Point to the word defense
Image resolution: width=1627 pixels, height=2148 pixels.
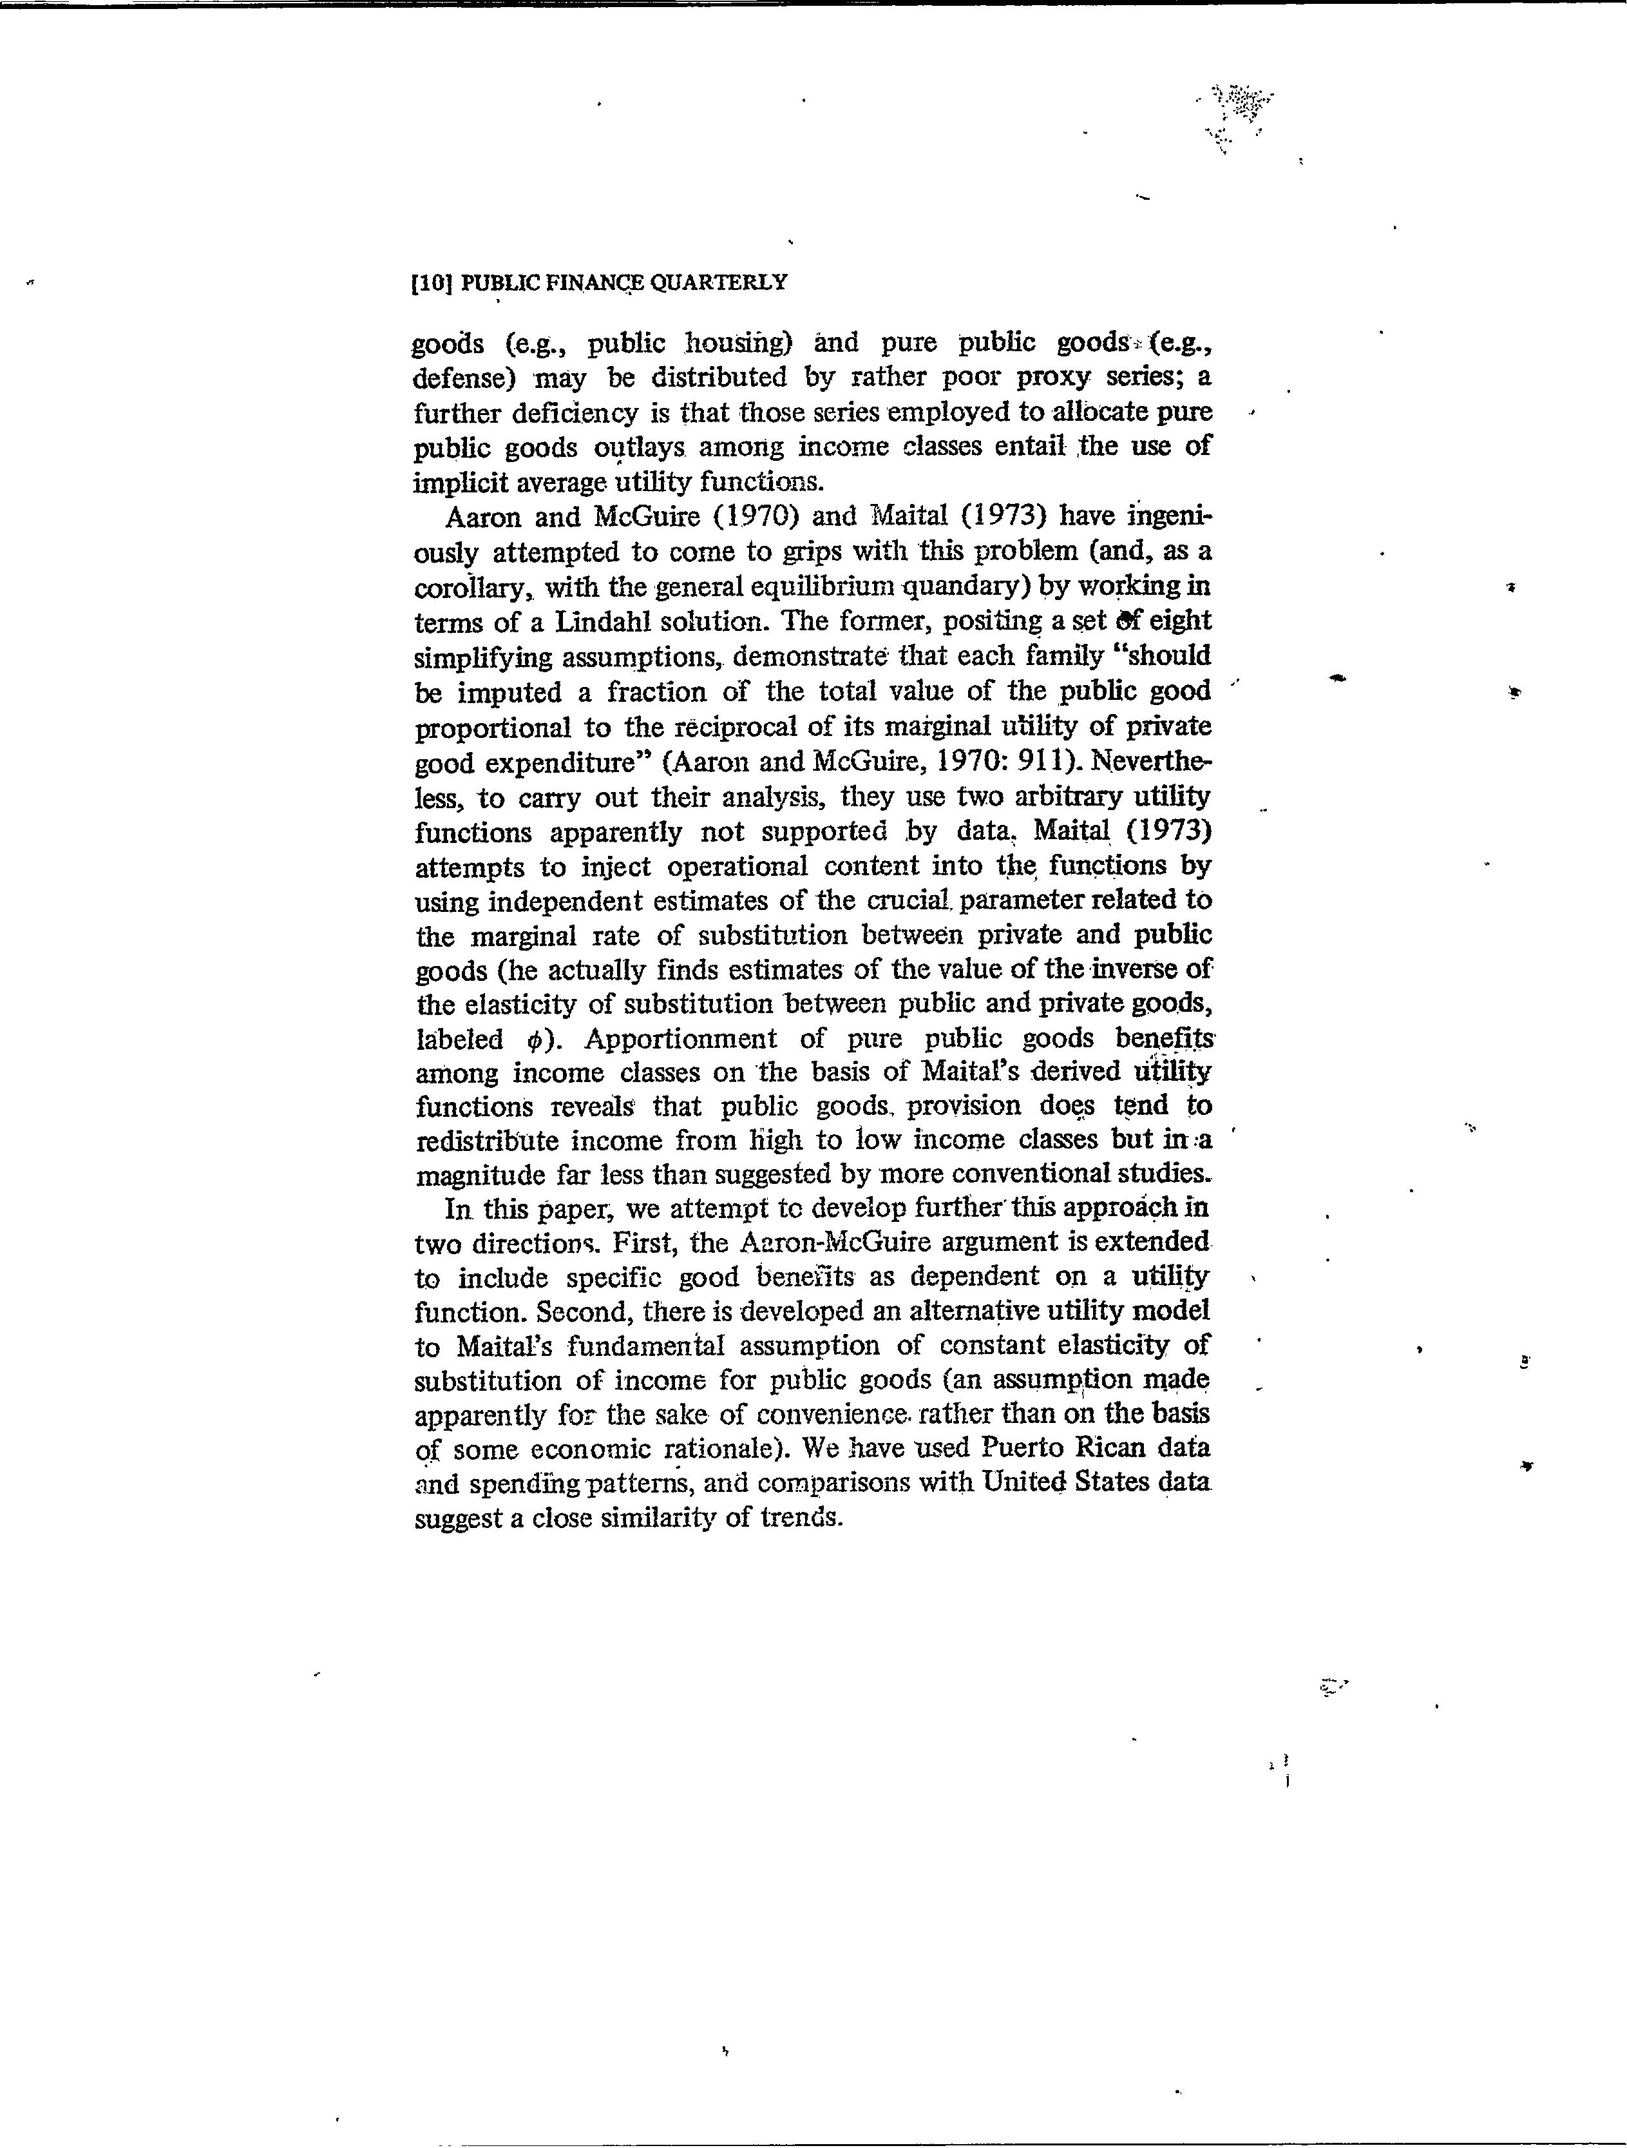(462, 377)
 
